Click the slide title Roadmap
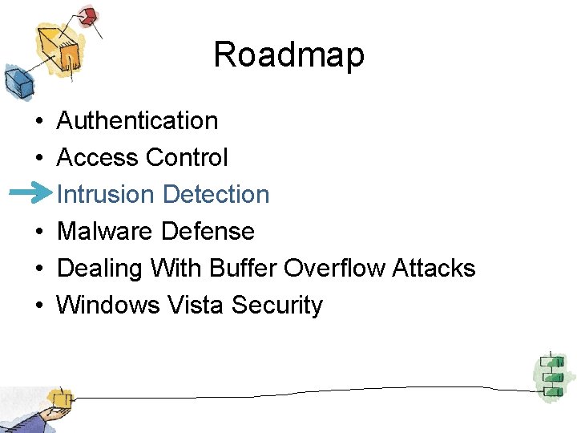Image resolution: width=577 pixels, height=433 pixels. (x=288, y=55)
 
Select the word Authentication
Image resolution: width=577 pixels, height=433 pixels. (x=137, y=121)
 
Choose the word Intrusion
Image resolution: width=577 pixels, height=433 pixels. (x=106, y=195)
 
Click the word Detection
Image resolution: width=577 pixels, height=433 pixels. (x=216, y=195)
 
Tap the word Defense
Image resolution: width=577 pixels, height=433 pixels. (x=208, y=232)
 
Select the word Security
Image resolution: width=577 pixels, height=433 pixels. (x=277, y=306)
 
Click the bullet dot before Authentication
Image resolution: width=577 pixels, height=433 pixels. (x=38, y=122)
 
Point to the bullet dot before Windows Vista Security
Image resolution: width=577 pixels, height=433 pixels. (x=38, y=306)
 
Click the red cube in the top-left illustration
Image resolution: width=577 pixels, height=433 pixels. (x=87, y=15)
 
